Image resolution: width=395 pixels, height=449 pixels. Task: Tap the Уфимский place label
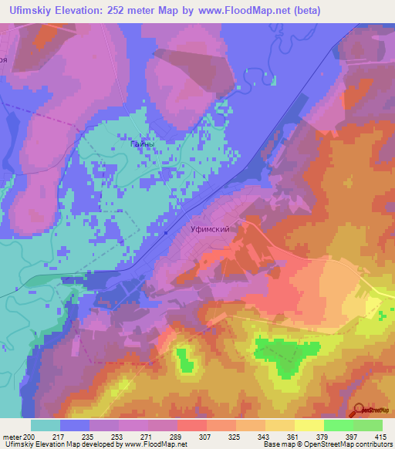tap(210, 229)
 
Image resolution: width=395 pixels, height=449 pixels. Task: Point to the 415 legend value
tap(380, 436)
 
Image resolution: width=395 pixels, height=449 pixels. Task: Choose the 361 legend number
tap(292, 436)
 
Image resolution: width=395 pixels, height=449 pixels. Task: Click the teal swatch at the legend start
tap(46, 425)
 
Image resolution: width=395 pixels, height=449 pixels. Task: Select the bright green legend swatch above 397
tap(338, 425)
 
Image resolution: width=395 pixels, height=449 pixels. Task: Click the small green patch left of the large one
tap(185, 360)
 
